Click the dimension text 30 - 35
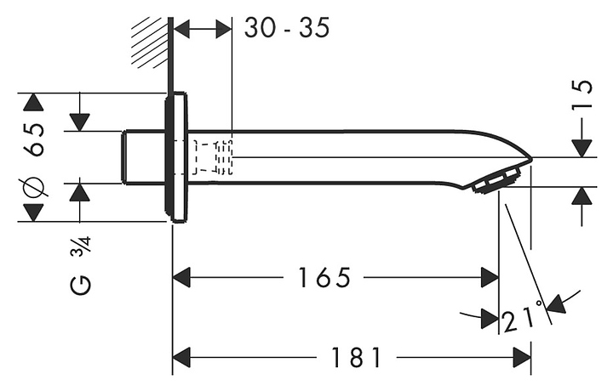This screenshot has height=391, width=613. point(286,28)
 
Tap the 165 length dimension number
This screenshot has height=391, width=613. point(324,277)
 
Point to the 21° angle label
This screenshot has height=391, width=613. point(524,318)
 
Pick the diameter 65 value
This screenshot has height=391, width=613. point(34,139)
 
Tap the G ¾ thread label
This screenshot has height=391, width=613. point(81,264)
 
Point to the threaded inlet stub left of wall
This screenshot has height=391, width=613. point(143,156)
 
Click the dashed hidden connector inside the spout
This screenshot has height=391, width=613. point(212,156)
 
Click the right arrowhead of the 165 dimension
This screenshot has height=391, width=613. point(490,277)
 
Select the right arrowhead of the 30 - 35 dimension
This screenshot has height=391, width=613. point(224,28)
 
